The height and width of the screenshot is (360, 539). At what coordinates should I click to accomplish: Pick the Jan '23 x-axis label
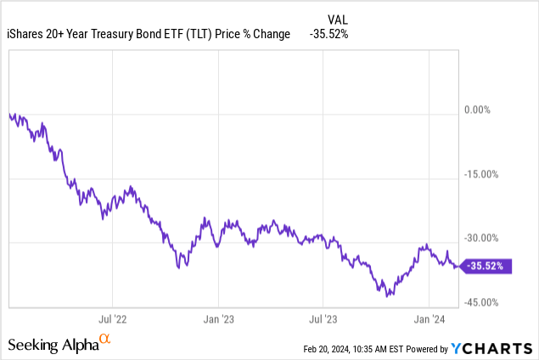[x=217, y=320]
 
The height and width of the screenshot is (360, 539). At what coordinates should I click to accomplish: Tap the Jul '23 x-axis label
[x=323, y=320]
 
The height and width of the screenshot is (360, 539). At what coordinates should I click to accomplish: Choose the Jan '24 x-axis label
[x=429, y=320]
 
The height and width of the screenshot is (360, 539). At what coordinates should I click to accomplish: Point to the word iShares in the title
[x=26, y=34]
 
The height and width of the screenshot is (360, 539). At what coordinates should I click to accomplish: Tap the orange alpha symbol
[x=105, y=340]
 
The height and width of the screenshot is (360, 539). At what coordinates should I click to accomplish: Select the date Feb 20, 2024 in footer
[x=334, y=349]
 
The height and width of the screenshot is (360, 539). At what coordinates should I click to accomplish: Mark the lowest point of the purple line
[x=387, y=296]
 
